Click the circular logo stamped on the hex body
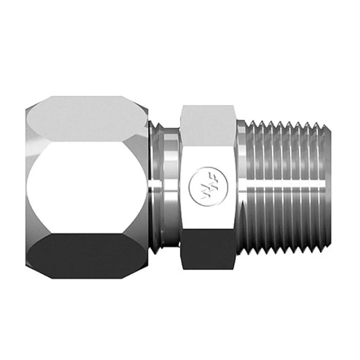click(x=201, y=184)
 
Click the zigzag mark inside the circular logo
click(x=201, y=184)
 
